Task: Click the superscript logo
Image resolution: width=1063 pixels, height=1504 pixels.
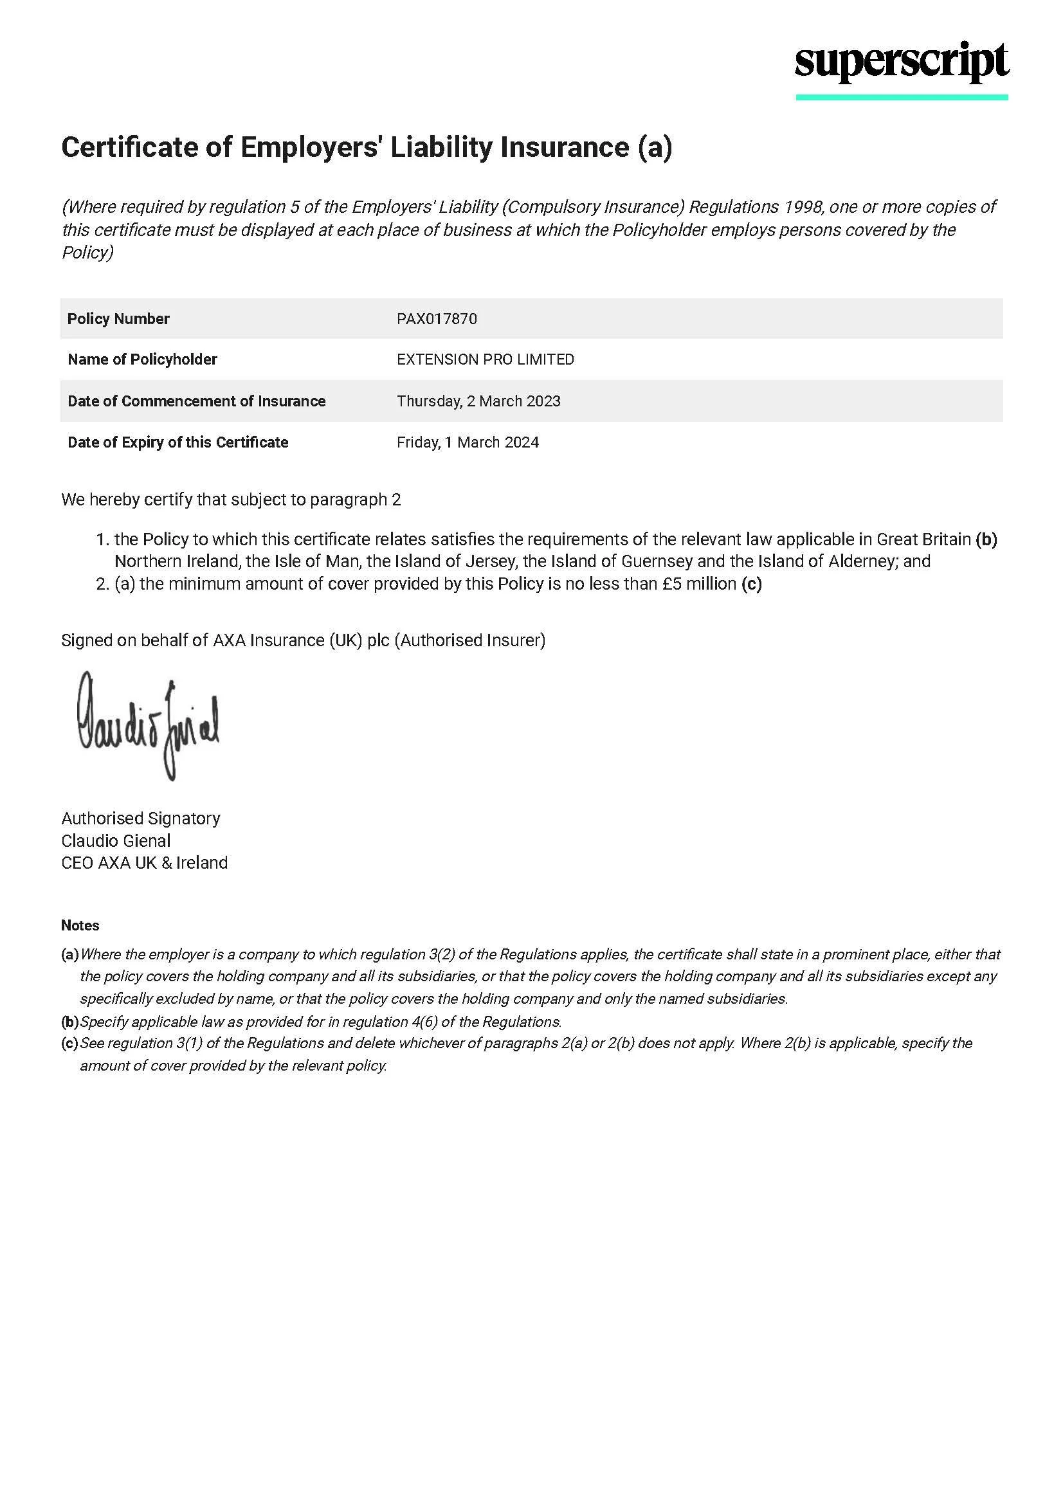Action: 901,64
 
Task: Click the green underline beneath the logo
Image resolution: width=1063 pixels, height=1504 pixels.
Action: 901,98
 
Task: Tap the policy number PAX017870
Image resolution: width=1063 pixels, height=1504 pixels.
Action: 437,319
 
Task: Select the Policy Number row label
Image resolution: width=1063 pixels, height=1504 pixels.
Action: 118,319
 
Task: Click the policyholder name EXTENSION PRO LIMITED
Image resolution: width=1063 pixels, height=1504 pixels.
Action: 486,359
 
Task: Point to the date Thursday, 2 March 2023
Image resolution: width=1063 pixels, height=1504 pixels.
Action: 478,401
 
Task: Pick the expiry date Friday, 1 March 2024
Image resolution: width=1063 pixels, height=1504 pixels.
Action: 468,442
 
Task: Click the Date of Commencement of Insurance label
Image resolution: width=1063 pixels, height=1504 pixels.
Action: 197,401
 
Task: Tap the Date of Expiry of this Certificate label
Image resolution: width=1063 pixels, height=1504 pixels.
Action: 177,442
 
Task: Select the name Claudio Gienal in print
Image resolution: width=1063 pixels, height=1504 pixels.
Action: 116,840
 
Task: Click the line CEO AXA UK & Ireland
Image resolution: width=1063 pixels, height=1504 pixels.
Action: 144,863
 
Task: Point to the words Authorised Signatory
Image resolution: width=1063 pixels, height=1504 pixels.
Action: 141,818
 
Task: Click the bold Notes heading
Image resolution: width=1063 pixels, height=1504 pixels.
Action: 80,925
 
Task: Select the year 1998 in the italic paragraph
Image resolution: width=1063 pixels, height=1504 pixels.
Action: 802,207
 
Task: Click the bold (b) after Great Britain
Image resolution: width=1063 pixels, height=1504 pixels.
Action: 986,539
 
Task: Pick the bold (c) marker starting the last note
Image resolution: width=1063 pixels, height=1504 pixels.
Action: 69,1043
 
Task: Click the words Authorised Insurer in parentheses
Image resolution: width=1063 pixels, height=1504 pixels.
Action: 469,640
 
